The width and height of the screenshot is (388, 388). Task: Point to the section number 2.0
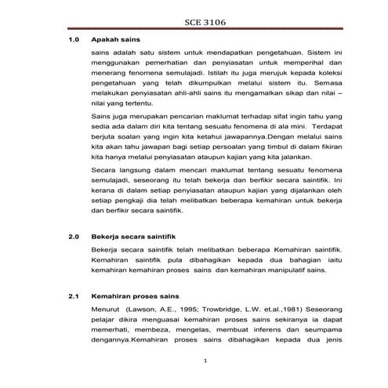pos(75,234)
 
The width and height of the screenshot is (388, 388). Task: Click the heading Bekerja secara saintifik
pos(137,234)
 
